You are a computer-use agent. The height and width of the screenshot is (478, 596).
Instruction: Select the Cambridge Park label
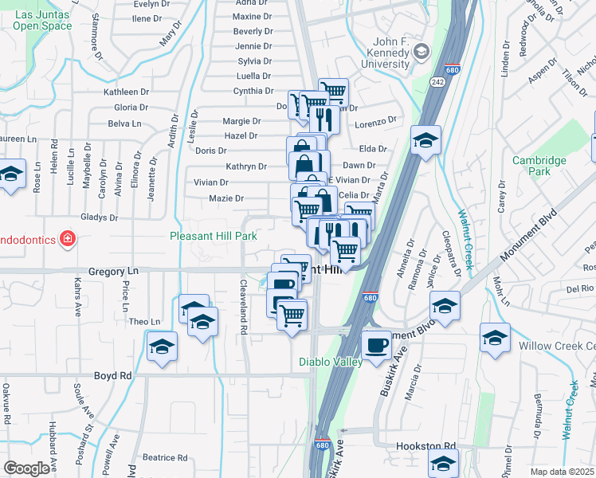tap(539, 166)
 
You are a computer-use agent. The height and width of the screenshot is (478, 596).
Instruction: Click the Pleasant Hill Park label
tap(213, 236)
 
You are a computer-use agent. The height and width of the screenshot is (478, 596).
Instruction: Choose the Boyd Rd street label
tap(112, 375)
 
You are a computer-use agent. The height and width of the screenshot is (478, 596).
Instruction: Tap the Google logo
tap(26, 468)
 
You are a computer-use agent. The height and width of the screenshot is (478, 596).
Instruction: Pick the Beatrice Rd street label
tap(165, 457)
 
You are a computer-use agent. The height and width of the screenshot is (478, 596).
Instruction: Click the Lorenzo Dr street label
tap(376, 123)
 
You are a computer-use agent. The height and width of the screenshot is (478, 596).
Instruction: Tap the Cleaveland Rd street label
tap(243, 307)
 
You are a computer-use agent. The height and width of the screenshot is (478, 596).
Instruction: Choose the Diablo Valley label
tap(331, 362)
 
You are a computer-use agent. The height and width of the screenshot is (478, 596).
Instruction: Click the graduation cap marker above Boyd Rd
tap(162, 347)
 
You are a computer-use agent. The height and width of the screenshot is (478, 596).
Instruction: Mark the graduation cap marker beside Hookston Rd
tap(443, 461)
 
